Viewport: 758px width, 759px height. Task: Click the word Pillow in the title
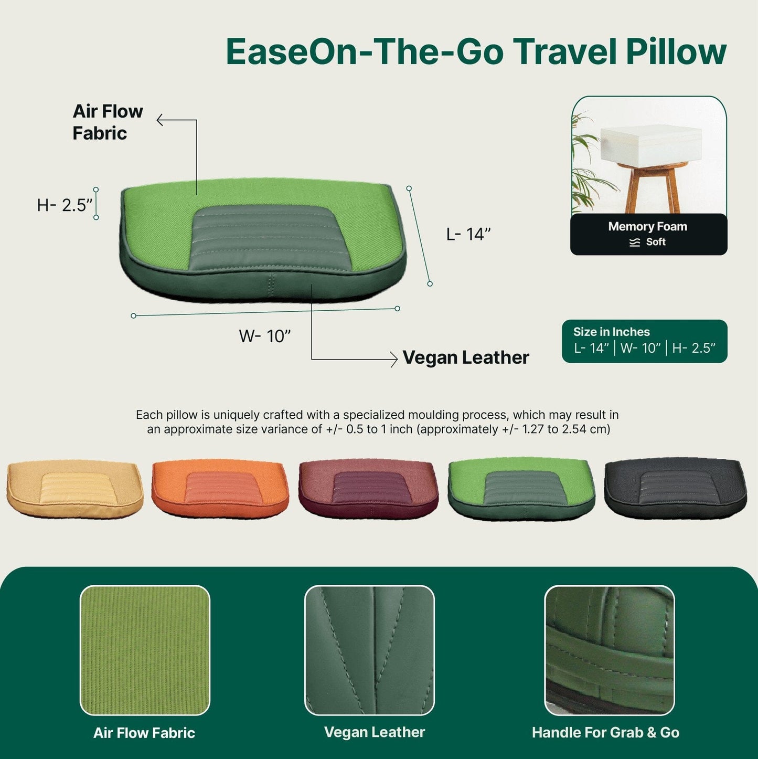click(x=676, y=52)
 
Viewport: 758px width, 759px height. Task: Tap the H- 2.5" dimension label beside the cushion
click(x=65, y=205)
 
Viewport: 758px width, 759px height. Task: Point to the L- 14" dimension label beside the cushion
click(x=468, y=234)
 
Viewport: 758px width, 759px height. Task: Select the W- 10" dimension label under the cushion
click(x=264, y=336)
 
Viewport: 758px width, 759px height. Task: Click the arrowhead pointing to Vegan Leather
click(x=394, y=359)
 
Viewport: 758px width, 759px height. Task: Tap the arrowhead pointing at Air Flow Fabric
click(x=160, y=120)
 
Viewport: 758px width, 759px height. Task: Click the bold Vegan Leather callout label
click(x=466, y=357)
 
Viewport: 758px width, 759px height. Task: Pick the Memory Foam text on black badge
click(x=648, y=226)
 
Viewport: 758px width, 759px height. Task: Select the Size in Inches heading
click(x=612, y=332)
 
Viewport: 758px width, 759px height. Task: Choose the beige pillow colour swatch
click(x=75, y=488)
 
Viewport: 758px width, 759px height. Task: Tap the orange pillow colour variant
click(x=220, y=488)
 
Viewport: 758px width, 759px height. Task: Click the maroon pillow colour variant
click(x=369, y=488)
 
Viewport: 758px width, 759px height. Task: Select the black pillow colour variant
click(x=676, y=488)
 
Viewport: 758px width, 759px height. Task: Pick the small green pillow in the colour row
click(x=521, y=488)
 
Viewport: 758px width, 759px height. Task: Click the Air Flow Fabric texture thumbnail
click(x=145, y=650)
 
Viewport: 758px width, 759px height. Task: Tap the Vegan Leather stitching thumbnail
click(x=369, y=650)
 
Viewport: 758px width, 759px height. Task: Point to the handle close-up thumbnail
click(x=610, y=650)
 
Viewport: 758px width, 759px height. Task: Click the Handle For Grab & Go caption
click(x=605, y=733)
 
